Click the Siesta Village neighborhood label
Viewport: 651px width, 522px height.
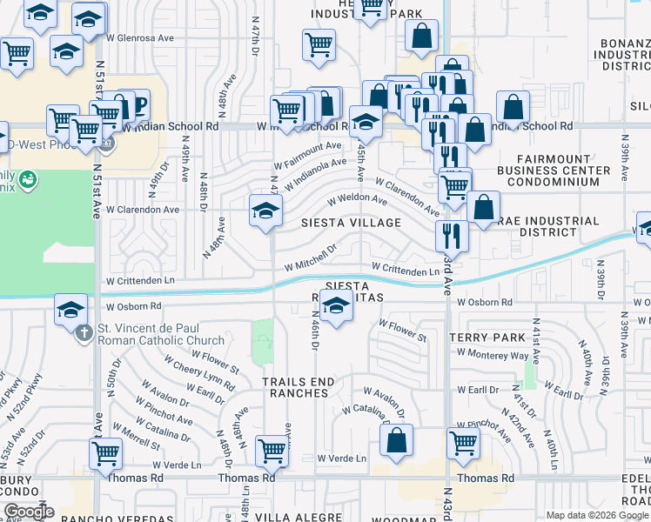(x=351, y=223)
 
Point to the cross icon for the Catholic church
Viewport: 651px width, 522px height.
(x=84, y=331)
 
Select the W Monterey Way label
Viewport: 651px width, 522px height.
(x=494, y=356)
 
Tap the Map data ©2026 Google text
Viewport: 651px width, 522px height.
(x=597, y=515)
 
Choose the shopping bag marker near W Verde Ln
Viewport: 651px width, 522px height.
(x=397, y=441)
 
